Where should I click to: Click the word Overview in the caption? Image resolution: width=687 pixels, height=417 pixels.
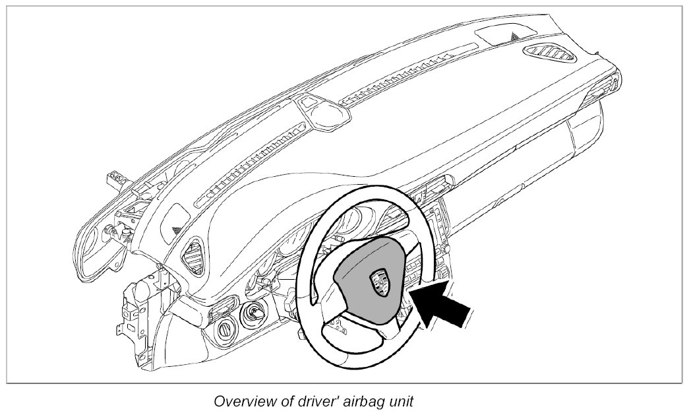[243, 401]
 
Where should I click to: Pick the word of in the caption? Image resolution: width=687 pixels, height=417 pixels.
[282, 401]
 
